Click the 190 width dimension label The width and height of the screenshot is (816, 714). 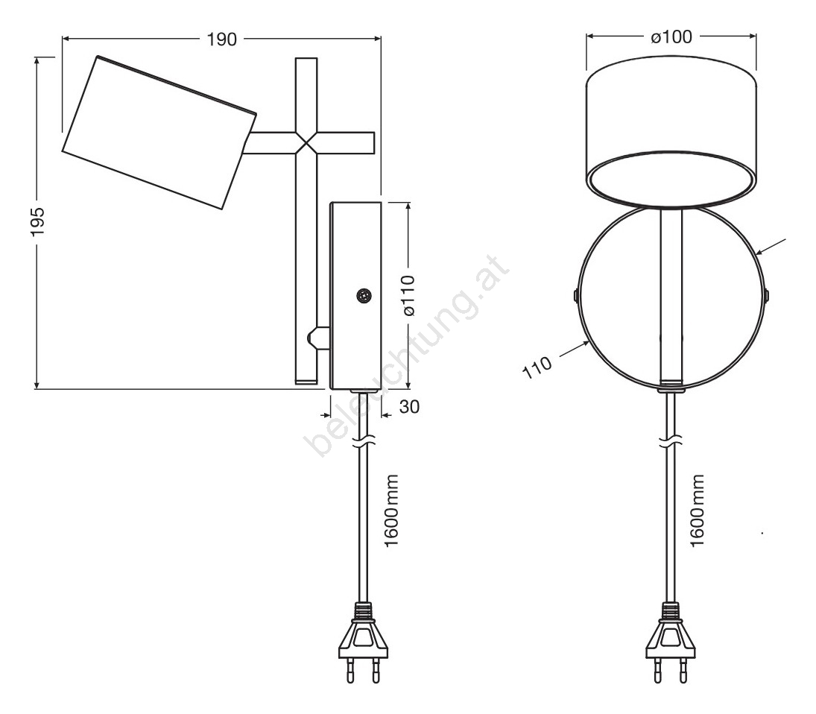tap(221, 39)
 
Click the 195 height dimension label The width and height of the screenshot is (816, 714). tap(38, 221)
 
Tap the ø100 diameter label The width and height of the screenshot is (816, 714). tap(671, 37)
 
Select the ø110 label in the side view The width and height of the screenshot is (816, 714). tap(410, 295)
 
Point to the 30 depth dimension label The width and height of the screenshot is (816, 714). tap(410, 406)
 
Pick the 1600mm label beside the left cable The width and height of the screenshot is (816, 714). tap(390, 510)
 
